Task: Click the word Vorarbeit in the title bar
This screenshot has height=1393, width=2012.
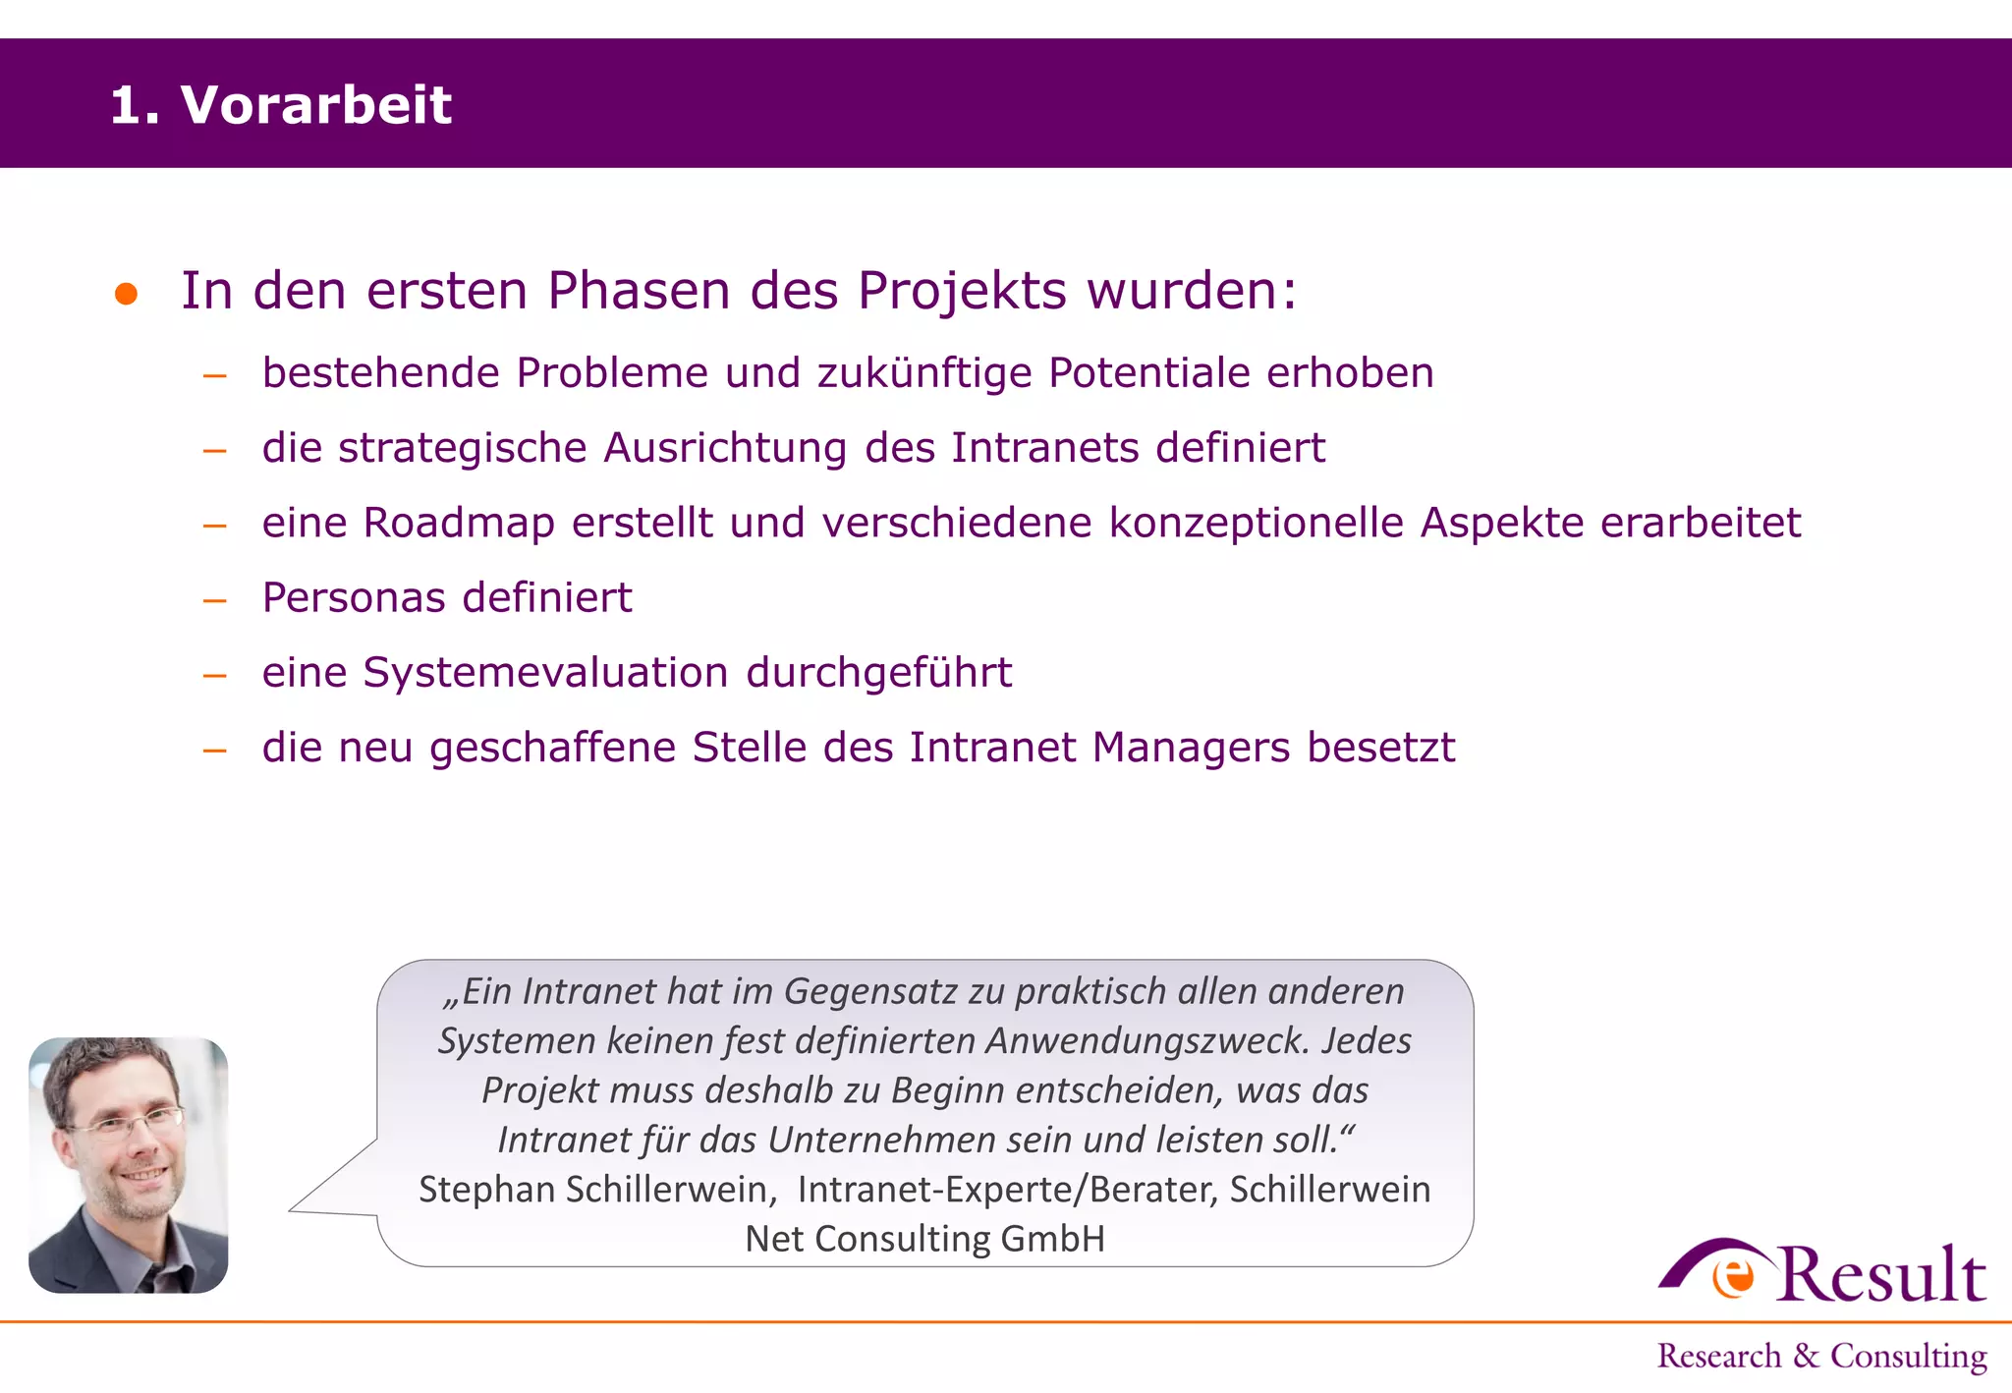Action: (x=315, y=104)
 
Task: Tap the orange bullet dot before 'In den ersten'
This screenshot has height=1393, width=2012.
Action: (x=126, y=294)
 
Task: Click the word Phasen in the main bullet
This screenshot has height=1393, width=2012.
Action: (x=639, y=291)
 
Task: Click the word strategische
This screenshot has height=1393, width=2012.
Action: (x=463, y=449)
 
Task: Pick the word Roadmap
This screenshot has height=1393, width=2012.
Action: (x=459, y=523)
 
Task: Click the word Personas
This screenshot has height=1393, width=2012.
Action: (x=354, y=597)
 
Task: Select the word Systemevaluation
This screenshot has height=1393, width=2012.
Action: (x=545, y=673)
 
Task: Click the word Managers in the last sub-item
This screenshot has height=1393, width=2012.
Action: (x=1191, y=748)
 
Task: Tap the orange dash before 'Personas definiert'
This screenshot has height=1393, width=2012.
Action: (x=215, y=599)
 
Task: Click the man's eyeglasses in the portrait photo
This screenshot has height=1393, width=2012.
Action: (x=128, y=1121)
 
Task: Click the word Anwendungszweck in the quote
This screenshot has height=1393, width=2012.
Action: (x=1146, y=1040)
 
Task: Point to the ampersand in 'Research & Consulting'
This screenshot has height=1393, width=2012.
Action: (x=1806, y=1357)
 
